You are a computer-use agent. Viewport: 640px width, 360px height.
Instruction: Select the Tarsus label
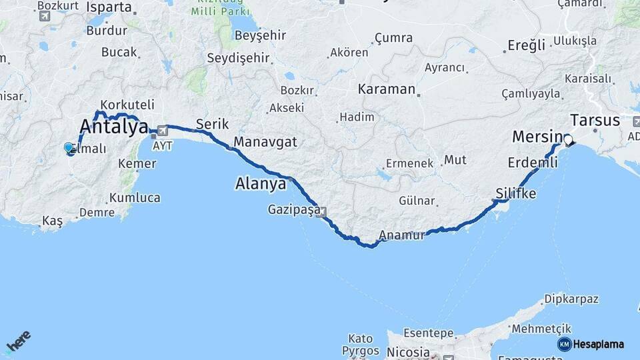click(x=595, y=121)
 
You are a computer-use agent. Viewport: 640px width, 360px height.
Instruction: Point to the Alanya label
click(x=261, y=183)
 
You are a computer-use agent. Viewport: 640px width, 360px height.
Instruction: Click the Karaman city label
click(x=387, y=89)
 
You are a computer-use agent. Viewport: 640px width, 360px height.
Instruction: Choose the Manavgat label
click(x=265, y=142)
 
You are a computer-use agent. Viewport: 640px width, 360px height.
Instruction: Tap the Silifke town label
click(x=515, y=193)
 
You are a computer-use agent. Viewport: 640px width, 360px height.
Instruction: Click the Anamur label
click(x=401, y=235)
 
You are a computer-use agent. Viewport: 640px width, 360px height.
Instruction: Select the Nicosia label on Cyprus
click(x=407, y=351)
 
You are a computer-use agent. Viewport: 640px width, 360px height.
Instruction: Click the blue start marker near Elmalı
click(x=69, y=148)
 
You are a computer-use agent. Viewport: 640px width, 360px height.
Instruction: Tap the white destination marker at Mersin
click(x=568, y=140)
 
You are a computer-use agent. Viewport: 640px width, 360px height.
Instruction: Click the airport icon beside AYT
click(x=163, y=131)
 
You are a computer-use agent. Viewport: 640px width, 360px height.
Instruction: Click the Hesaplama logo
click(x=591, y=344)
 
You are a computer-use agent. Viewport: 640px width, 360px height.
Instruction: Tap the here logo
click(x=18, y=341)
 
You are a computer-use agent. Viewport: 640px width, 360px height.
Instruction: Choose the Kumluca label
click(x=135, y=197)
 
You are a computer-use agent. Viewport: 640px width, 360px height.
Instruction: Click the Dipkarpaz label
click(x=571, y=299)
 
